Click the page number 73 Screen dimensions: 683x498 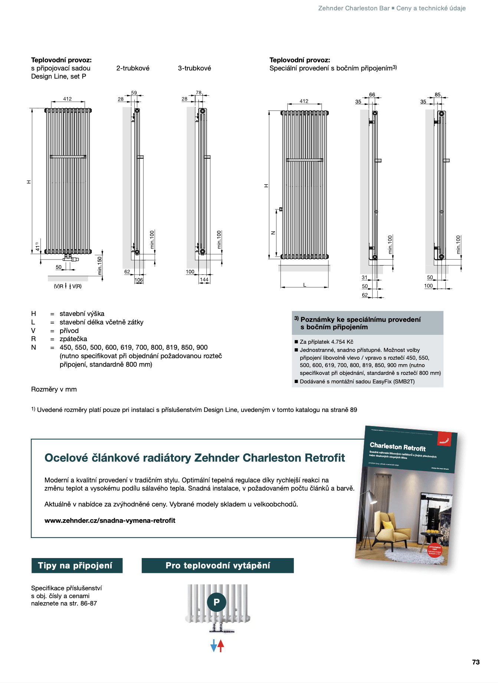476,662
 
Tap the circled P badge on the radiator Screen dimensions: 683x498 217,602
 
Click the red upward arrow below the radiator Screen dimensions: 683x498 221,646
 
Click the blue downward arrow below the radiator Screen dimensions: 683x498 213,646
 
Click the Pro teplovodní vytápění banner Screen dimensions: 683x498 217,565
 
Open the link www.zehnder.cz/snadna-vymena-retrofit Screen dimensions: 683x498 110,520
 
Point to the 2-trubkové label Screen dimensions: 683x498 133,68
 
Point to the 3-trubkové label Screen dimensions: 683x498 194,68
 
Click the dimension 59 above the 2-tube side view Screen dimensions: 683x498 134,93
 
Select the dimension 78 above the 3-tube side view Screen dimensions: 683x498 199,93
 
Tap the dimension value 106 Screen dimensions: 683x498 138,280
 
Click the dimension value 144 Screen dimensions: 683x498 204,280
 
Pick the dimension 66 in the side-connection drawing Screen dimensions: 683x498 372,95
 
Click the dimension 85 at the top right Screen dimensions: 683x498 438,95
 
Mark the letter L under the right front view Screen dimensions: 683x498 305,285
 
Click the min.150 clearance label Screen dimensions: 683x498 99,265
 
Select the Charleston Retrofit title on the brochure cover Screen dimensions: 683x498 397,446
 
